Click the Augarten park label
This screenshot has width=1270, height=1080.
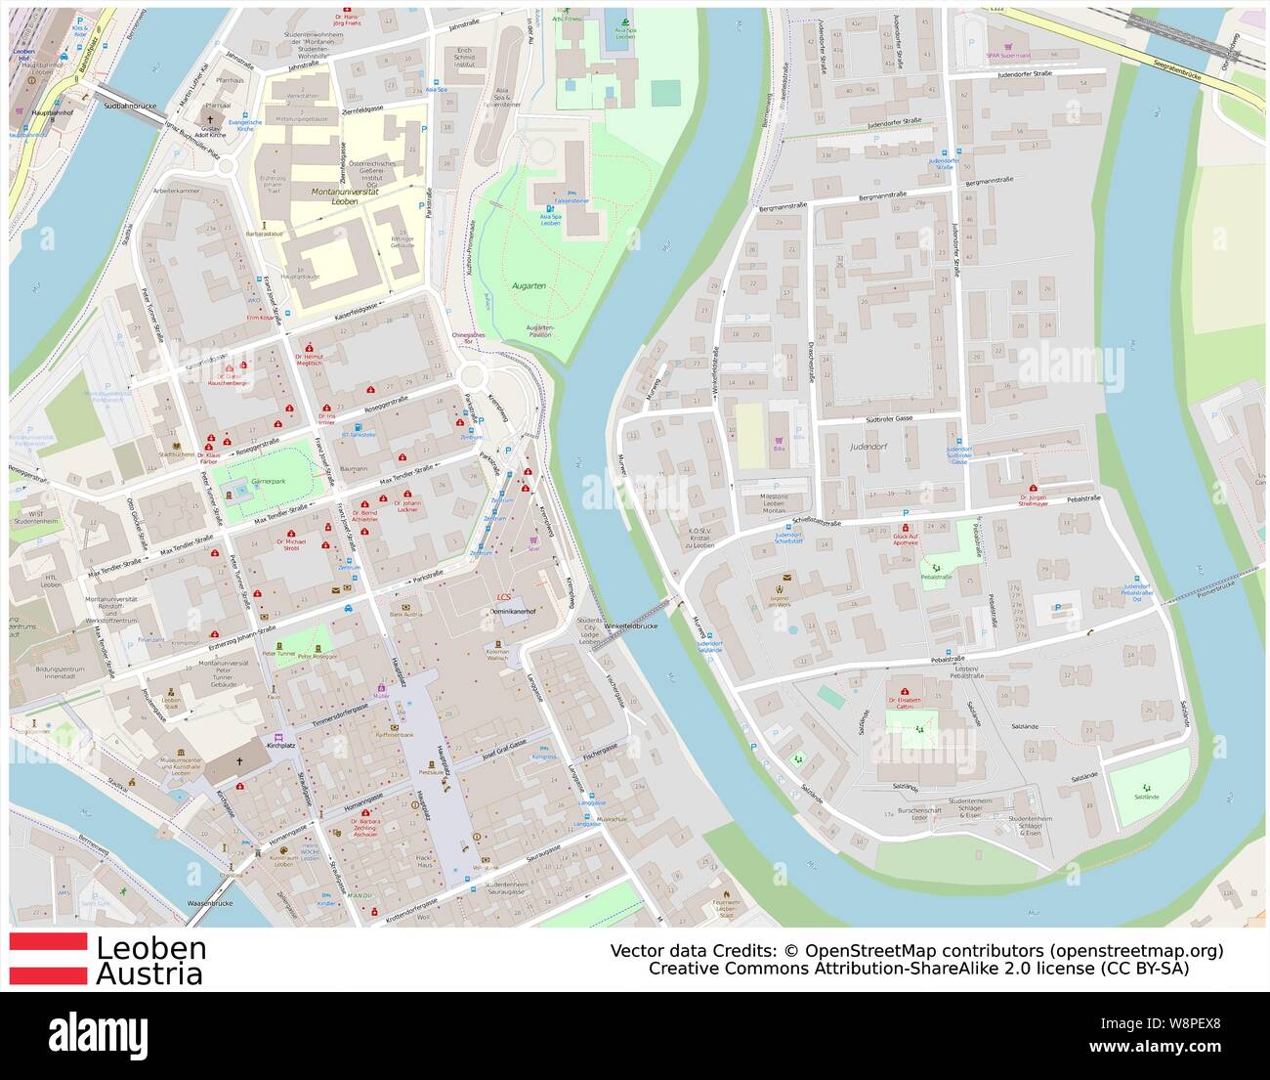pyautogui.click(x=529, y=285)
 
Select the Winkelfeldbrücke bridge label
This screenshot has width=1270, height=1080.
pyautogui.click(x=630, y=626)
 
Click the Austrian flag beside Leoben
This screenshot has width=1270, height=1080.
pyautogui.click(x=48, y=960)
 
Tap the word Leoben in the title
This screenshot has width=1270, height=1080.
pyautogui.click(x=150, y=948)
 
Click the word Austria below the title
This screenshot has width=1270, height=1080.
pyautogui.click(x=149, y=974)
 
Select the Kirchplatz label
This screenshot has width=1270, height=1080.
pyautogui.click(x=279, y=746)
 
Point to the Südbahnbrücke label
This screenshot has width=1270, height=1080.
pyautogui.click(x=124, y=101)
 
